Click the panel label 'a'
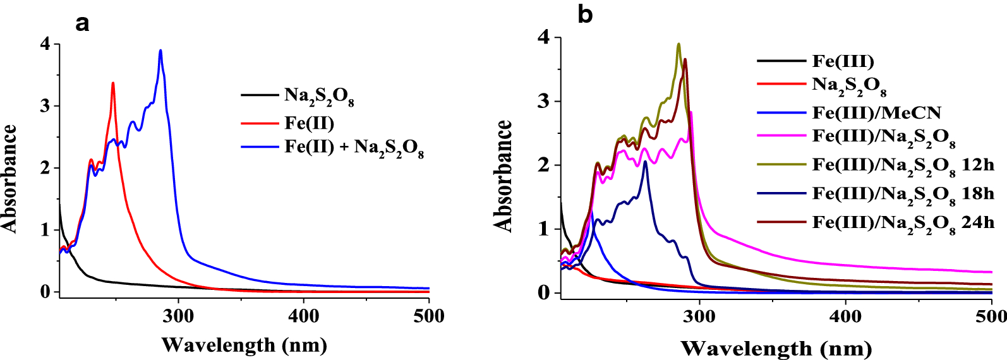(x=82, y=24)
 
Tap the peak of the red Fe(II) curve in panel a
(x=113, y=83)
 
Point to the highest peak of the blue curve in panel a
(x=160, y=51)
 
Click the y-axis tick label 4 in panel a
(x=45, y=44)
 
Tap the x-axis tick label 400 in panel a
(x=303, y=316)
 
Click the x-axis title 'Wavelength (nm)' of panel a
(x=244, y=345)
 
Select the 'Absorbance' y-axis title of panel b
(x=503, y=176)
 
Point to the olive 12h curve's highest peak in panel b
(x=678, y=44)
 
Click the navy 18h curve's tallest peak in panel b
(x=645, y=162)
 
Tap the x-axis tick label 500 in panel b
(x=991, y=316)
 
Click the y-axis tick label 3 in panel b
(x=544, y=102)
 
